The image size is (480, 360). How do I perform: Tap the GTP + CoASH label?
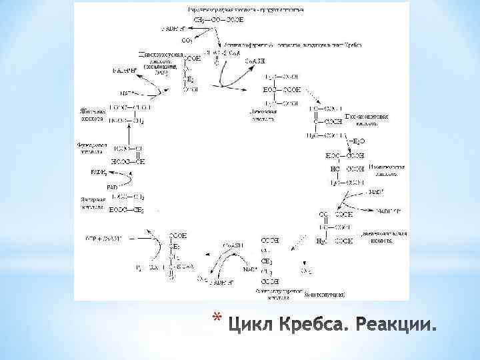pyautogui.click(x=103, y=238)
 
